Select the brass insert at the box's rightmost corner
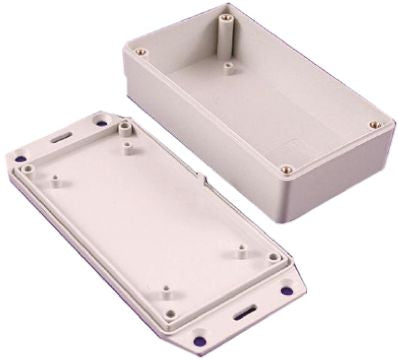[374, 125]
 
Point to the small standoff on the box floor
[229, 67]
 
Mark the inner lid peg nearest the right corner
[242, 251]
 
